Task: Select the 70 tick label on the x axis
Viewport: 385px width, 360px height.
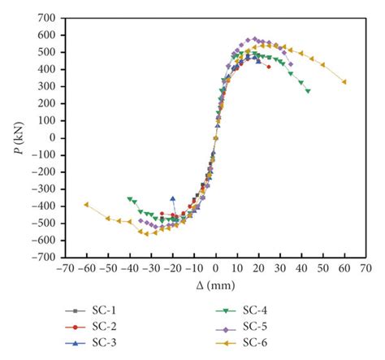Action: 366,268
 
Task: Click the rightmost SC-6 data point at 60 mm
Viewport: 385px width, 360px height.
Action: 344,81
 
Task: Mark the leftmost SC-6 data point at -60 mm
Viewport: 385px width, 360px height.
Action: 86,204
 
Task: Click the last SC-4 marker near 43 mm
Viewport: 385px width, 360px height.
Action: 308,91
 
